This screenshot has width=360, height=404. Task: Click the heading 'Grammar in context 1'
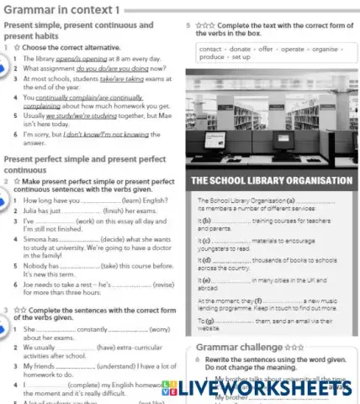tap(63, 10)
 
